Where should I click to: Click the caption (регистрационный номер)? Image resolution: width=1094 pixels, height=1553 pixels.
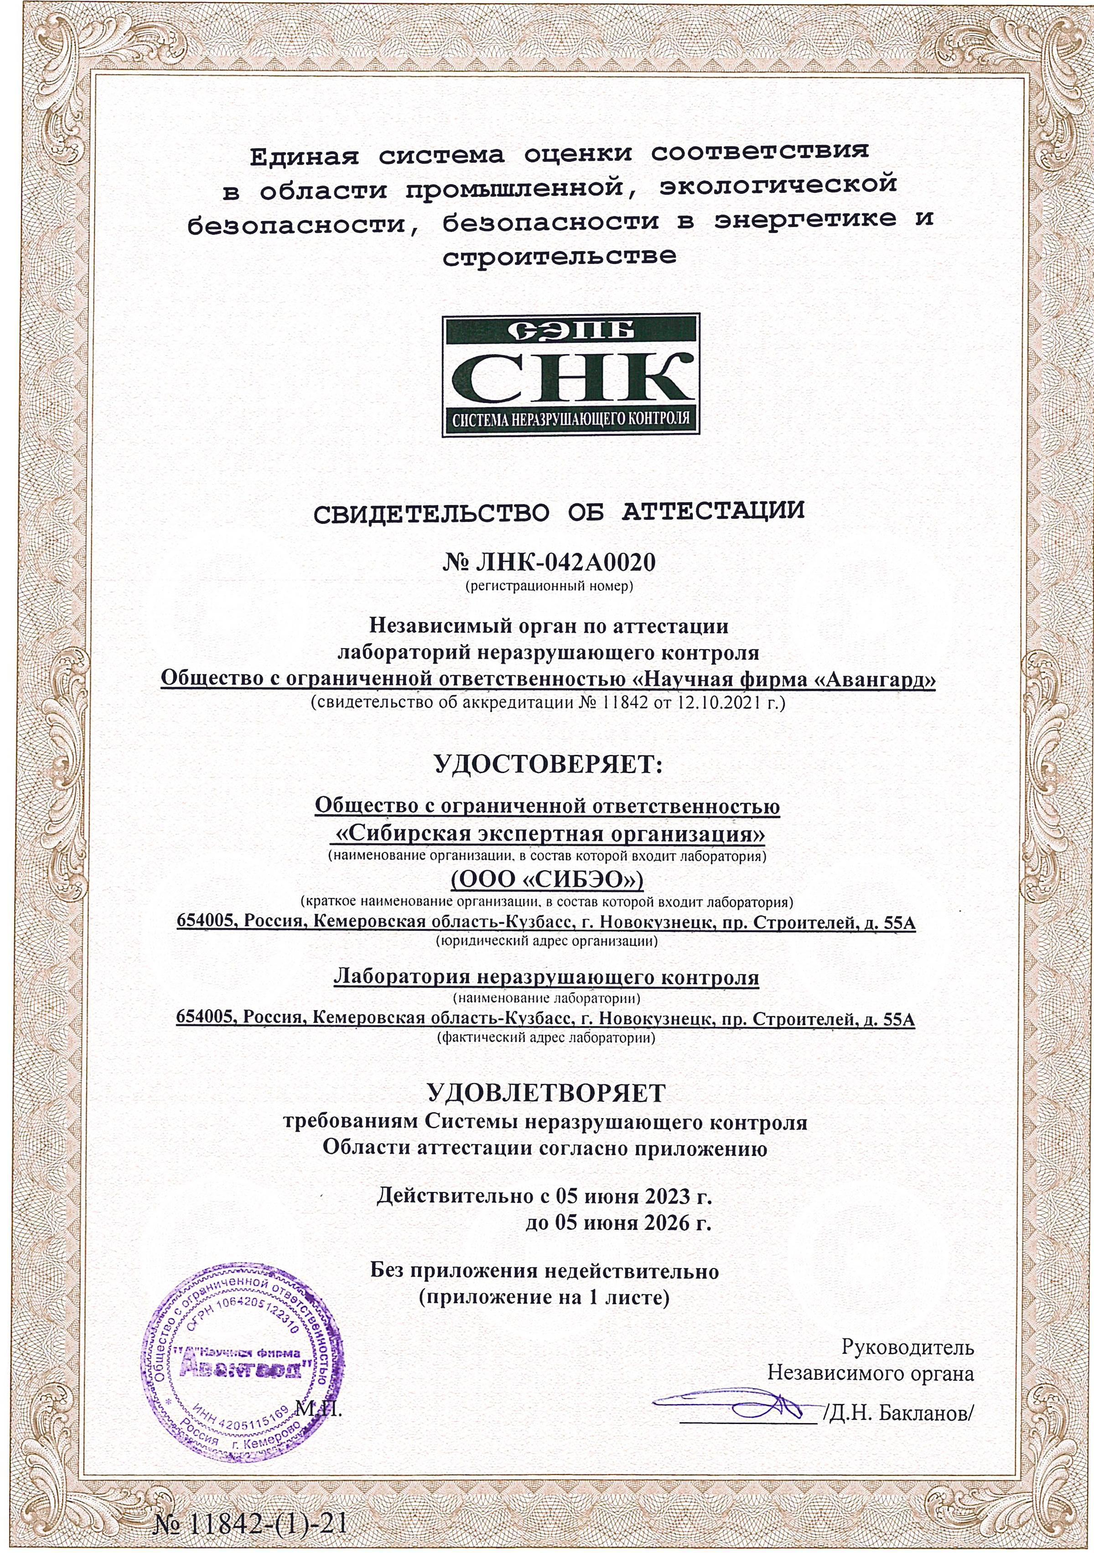[x=547, y=586]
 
